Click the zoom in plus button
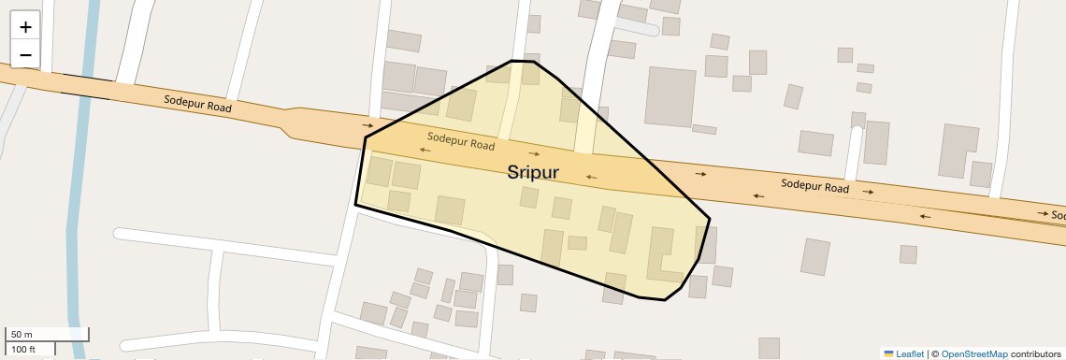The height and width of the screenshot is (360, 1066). (x=25, y=27)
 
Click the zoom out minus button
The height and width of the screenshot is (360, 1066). (x=25, y=54)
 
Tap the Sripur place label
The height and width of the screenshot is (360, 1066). (x=533, y=172)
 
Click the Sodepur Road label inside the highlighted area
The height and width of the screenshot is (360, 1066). (x=461, y=141)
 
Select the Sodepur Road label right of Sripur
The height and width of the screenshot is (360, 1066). (x=814, y=186)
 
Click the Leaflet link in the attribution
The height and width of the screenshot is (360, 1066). (x=910, y=353)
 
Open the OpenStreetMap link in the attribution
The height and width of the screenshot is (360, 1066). (x=973, y=353)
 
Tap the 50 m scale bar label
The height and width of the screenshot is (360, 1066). (x=22, y=335)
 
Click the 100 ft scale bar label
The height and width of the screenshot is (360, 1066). (x=23, y=349)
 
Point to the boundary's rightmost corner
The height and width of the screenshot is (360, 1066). (x=710, y=220)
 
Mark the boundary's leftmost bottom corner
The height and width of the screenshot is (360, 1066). (x=355, y=204)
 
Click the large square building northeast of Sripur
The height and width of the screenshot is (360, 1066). (x=670, y=96)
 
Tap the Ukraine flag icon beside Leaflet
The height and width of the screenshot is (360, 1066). (x=888, y=353)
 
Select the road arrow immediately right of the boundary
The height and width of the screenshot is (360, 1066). (x=700, y=174)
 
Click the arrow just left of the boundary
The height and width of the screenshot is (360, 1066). (x=368, y=124)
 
